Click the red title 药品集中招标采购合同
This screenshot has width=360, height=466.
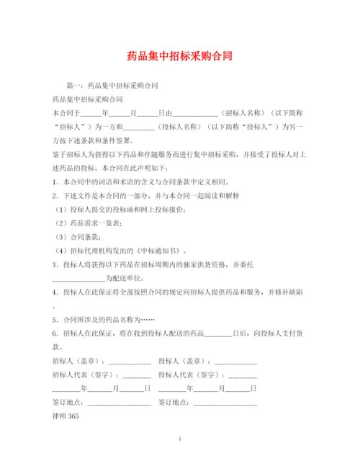[179, 55]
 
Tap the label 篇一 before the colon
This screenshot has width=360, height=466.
[73, 86]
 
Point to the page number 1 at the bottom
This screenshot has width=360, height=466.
[179, 438]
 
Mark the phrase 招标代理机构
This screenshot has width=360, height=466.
[89, 251]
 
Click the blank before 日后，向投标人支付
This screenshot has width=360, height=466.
[218, 333]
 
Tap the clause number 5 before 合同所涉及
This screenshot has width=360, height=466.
[55, 319]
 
